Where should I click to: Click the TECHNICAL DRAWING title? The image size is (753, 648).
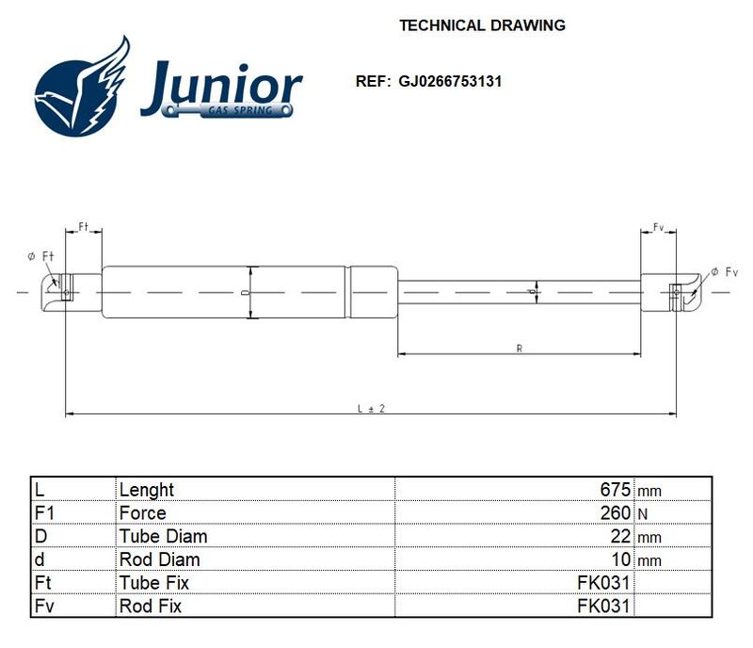coord(482,25)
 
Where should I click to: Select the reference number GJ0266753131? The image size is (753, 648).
coord(450,81)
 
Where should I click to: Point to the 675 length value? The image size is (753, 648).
coord(615,490)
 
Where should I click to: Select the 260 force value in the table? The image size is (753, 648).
coord(615,513)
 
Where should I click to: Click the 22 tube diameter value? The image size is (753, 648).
coord(620,536)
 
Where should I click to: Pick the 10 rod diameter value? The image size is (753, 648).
coord(620,559)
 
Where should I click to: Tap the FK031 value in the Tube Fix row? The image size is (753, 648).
coord(603,583)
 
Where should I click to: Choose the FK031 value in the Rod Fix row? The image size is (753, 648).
coord(603,606)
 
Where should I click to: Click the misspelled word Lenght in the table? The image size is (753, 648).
coord(147,491)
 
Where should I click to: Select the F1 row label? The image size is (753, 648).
coord(44,513)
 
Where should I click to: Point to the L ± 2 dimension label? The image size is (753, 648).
coord(371,409)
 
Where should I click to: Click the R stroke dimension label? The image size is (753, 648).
coord(520,348)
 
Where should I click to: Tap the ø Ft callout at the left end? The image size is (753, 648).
coord(41,256)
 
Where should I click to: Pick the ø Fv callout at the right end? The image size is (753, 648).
coord(724,272)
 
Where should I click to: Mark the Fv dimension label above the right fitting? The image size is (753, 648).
coord(658,227)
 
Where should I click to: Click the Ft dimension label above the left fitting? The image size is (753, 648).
coord(84,226)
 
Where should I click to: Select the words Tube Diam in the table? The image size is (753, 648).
coord(163,536)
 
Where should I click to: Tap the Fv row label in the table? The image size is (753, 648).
coord(44,606)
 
